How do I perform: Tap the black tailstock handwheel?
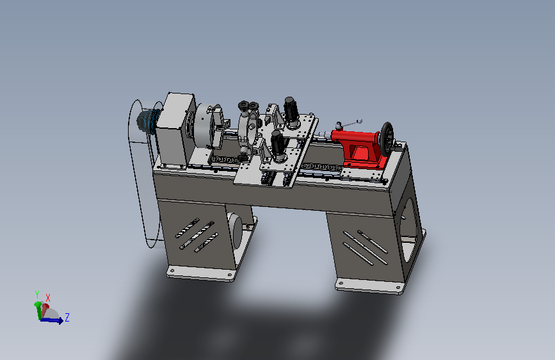click(x=387, y=140)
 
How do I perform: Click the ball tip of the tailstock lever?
click(x=360, y=121)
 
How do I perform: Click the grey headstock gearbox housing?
click(x=175, y=129)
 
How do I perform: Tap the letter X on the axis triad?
click(x=48, y=298)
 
